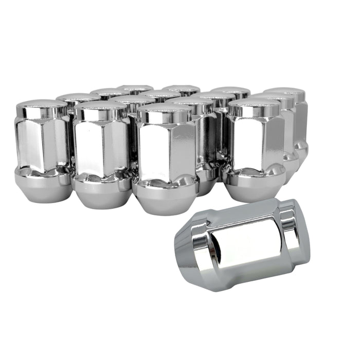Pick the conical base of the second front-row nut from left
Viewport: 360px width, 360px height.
coord(102,193)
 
